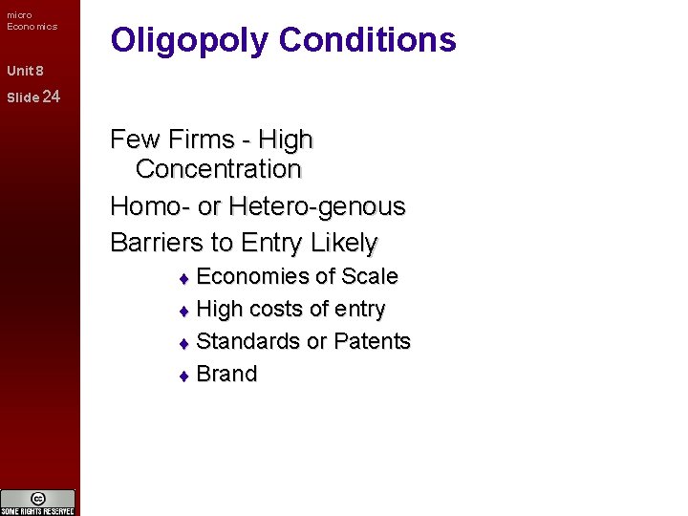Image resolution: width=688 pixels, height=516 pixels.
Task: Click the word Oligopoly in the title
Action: (x=190, y=40)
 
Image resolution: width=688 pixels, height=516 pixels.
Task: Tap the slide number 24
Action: (x=52, y=97)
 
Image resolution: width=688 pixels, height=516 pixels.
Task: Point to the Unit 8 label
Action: (x=25, y=71)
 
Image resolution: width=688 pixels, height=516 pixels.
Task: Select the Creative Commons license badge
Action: (x=38, y=502)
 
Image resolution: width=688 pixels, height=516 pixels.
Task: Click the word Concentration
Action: (x=218, y=169)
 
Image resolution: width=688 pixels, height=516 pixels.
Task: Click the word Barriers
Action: (x=158, y=243)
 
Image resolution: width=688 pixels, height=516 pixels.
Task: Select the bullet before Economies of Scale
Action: (x=185, y=278)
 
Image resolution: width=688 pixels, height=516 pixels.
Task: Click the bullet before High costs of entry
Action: (x=185, y=311)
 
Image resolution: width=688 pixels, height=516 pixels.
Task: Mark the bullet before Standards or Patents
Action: (x=185, y=343)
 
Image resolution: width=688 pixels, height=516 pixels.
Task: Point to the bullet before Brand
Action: (x=185, y=376)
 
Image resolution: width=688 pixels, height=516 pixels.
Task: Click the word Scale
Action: (x=369, y=277)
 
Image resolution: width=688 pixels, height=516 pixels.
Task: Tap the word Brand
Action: (x=226, y=375)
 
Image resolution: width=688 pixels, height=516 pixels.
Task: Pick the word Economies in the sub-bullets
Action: (x=253, y=277)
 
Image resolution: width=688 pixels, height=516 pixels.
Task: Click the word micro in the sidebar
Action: (x=19, y=14)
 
